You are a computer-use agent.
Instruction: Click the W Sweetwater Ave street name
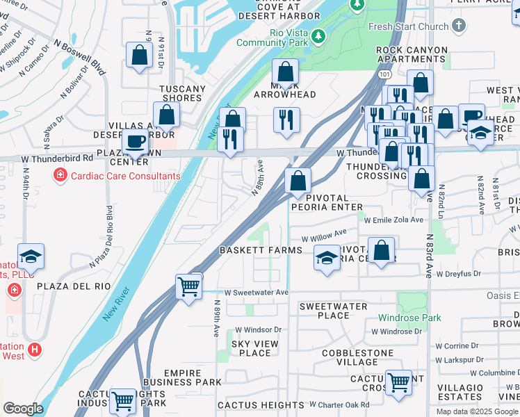(257, 293)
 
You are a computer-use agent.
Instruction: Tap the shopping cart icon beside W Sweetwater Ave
(189, 286)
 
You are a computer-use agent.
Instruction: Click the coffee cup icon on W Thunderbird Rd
(135, 141)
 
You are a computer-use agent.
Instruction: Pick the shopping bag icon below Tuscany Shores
(167, 115)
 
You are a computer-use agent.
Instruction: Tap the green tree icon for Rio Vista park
(318, 35)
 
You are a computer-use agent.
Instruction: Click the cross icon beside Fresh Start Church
(458, 26)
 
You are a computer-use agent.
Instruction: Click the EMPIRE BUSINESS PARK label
(183, 377)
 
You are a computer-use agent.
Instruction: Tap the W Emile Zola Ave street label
(393, 220)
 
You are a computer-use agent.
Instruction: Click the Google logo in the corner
(23, 408)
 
